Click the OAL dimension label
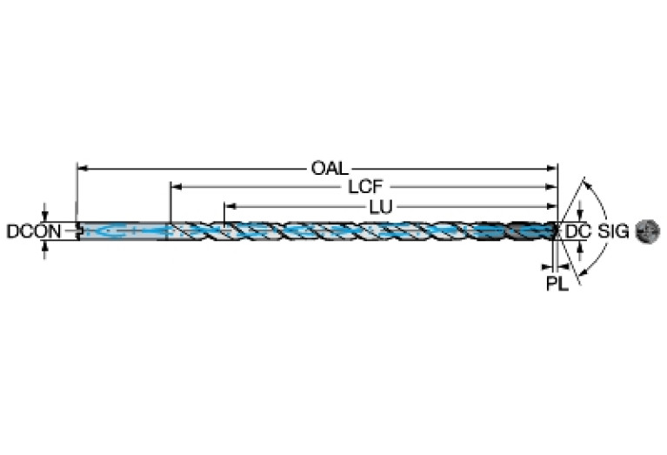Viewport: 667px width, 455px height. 330,166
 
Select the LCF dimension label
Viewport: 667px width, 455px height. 366,186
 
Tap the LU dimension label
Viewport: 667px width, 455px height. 379,206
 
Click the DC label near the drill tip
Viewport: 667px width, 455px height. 577,231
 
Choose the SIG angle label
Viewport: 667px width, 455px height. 615,231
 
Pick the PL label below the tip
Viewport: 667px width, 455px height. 557,284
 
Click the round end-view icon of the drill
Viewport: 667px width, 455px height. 648,231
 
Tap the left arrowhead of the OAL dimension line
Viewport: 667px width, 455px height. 82,166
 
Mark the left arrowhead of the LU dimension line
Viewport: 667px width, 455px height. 229,206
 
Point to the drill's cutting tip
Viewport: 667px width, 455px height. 556,231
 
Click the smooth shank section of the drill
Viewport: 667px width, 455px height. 122,231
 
